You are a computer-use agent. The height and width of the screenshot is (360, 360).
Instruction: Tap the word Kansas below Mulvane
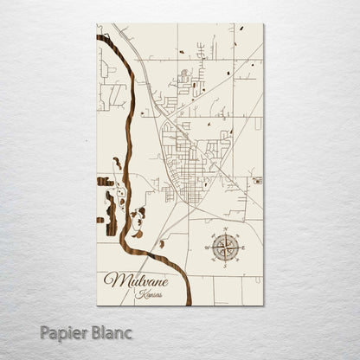click(x=149, y=294)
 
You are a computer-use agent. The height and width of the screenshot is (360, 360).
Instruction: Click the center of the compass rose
click(x=226, y=248)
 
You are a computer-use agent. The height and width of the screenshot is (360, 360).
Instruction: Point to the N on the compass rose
click(x=226, y=233)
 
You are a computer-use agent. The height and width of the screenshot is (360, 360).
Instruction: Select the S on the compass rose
click(x=226, y=264)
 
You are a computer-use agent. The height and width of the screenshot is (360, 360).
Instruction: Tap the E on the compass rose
click(x=241, y=248)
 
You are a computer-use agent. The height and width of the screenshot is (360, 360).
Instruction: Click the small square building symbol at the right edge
click(x=256, y=181)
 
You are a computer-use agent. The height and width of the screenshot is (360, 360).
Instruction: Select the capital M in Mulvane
click(x=112, y=280)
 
